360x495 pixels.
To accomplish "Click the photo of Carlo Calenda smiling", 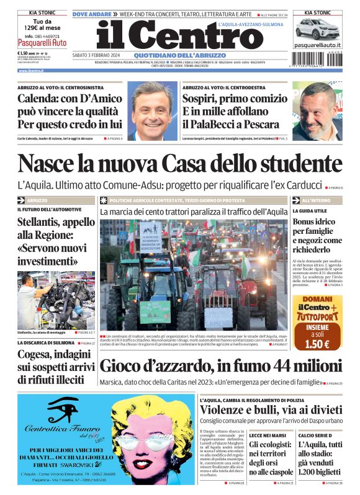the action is click(153, 112).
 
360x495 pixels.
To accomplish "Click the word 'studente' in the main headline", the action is click(291, 164).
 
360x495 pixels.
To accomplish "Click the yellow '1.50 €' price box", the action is click(317, 344).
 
